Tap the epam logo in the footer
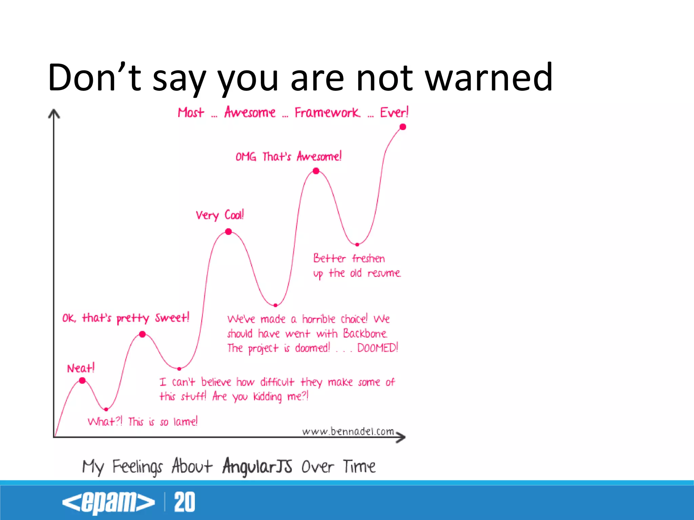108,502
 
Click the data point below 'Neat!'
82,381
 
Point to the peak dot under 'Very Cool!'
229,232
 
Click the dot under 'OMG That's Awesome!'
316,171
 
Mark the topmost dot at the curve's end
403,127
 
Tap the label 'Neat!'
81,368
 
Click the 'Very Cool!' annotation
220,215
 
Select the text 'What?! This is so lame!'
142,421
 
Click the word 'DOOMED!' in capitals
377,348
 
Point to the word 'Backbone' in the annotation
365,333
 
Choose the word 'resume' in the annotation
384,273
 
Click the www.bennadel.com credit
348,431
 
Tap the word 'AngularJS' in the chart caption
257,466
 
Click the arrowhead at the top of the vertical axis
54,114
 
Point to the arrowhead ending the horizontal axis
401,437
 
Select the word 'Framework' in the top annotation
327,112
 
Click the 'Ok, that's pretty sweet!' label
126,318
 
